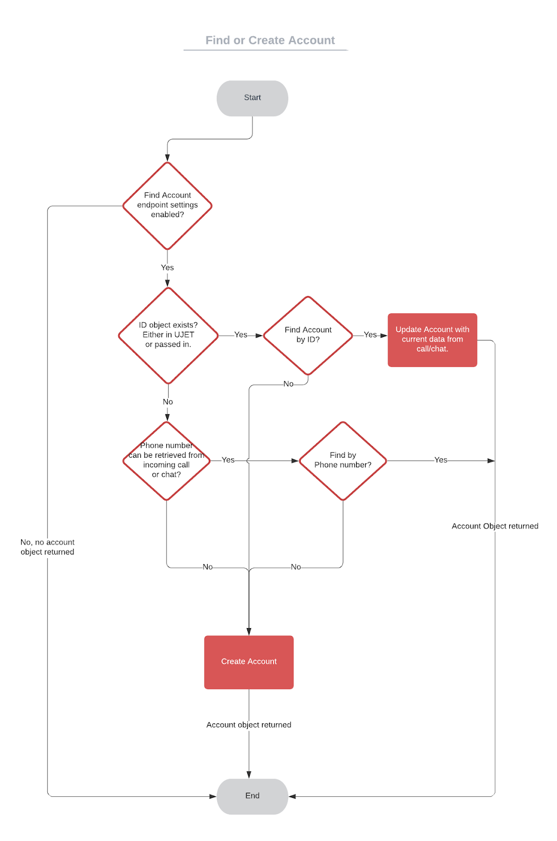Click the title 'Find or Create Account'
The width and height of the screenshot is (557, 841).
click(x=270, y=40)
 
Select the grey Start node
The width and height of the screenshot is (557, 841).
click(x=252, y=98)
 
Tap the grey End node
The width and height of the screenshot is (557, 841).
click(x=252, y=796)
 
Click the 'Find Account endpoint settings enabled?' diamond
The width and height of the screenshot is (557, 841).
click(x=167, y=206)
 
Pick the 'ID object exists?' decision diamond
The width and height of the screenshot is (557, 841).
click(x=168, y=335)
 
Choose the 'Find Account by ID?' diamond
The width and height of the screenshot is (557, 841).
click(x=308, y=335)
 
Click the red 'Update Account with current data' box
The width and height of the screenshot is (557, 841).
click(x=432, y=340)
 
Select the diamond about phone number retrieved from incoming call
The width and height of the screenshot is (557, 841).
click(x=166, y=460)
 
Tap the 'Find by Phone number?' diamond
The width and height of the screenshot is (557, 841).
click(x=343, y=460)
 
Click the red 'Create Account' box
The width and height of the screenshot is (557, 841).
click(x=249, y=662)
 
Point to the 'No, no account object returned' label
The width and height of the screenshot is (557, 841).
click(x=47, y=547)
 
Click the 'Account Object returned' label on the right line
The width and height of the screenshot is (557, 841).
click(x=495, y=526)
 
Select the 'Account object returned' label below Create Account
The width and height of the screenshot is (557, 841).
click(x=249, y=725)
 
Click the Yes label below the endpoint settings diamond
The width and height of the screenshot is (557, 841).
click(x=167, y=268)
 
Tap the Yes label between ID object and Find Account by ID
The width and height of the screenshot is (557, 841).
click(x=241, y=335)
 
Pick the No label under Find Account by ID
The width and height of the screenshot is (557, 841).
click(x=288, y=384)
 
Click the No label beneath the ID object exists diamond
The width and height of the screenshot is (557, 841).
click(x=168, y=402)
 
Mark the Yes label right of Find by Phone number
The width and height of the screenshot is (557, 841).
click(x=441, y=460)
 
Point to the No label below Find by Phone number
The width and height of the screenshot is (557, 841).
click(x=296, y=567)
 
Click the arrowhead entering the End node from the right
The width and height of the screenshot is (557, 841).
click(x=292, y=796)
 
